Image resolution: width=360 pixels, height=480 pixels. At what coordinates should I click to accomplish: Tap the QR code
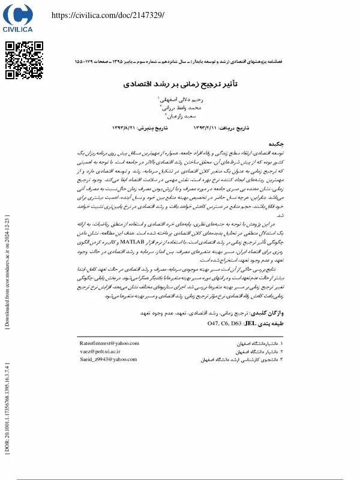click(24, 61)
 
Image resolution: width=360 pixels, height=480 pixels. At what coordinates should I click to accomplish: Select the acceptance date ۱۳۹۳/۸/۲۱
click(126, 128)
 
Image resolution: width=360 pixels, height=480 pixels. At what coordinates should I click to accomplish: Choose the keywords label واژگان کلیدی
click(268, 313)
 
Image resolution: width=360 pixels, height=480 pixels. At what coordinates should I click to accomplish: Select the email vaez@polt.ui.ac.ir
click(100, 351)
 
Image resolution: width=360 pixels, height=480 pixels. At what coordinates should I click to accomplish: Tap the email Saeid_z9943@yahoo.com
click(108, 359)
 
